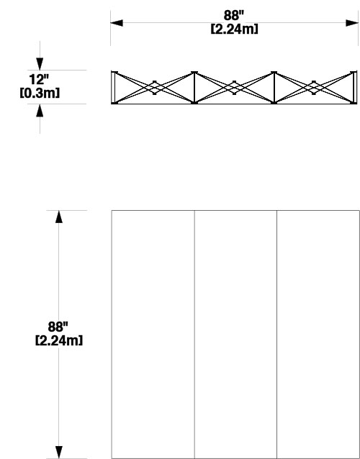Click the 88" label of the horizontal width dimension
pyautogui.click(x=234, y=16)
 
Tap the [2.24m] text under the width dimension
pyautogui.click(x=234, y=29)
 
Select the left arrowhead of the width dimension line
pyautogui.click(x=117, y=23)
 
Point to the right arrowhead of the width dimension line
pyautogui.click(x=352, y=23)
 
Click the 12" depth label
pyautogui.click(x=39, y=79)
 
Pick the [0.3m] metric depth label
pyautogui.click(x=40, y=93)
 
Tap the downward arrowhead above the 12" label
pyautogui.click(x=40, y=64)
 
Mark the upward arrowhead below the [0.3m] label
pyautogui.click(x=40, y=110)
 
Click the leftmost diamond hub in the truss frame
pyautogui.click(x=155, y=88)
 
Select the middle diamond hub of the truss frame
pyautogui.click(x=234, y=88)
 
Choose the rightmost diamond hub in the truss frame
pyautogui.click(x=314, y=88)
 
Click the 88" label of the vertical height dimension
pyautogui.click(x=58, y=327)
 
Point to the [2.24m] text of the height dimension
pyautogui.click(x=59, y=340)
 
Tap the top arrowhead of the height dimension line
pyautogui.click(x=59, y=217)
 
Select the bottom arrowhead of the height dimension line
pyautogui.click(x=59, y=453)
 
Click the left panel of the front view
pyautogui.click(x=153, y=335)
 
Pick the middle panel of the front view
pyautogui.click(x=236, y=335)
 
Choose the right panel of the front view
pyautogui.click(x=318, y=335)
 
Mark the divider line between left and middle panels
pyautogui.click(x=194, y=335)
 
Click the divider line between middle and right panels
pyautogui.click(x=277, y=335)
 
